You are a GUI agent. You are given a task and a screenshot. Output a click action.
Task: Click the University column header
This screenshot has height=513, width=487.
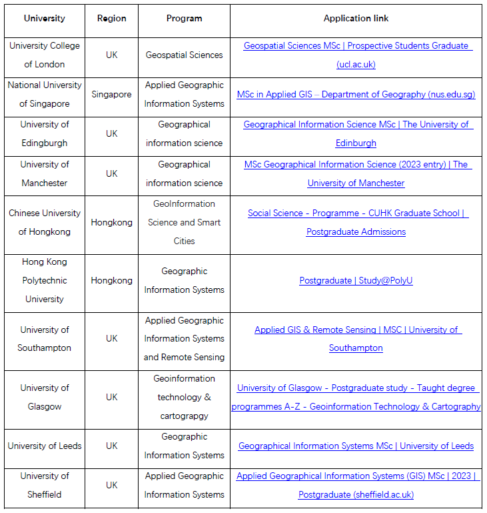[45, 18]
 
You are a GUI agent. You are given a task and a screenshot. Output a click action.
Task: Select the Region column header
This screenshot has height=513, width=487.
[111, 18]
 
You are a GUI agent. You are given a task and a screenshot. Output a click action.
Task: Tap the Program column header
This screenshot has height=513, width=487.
[184, 18]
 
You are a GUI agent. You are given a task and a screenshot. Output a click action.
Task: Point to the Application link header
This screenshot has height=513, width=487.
[356, 18]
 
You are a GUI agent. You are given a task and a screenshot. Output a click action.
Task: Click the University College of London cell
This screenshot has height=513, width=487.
[45, 55]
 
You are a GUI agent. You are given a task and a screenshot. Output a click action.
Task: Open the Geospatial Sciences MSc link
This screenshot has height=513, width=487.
[356, 46]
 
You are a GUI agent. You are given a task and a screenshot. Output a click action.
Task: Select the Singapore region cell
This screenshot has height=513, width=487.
[111, 94]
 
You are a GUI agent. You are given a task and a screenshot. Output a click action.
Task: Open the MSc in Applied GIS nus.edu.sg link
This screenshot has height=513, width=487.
[356, 95]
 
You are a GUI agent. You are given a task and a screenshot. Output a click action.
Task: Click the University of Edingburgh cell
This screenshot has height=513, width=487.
[45, 133]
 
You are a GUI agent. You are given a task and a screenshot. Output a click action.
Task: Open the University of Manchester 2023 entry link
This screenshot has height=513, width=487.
[356, 164]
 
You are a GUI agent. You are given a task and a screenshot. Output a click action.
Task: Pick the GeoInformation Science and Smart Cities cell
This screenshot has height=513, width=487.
[184, 222]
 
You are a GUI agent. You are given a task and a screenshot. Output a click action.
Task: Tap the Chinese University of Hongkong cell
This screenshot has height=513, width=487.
[45, 222]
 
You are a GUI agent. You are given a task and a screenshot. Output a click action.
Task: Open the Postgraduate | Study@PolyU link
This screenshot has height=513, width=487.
[356, 280]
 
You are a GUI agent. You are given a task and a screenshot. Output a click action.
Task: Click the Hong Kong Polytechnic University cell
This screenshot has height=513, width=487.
[45, 280]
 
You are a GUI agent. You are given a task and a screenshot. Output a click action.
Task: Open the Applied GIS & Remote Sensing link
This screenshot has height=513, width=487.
[356, 330]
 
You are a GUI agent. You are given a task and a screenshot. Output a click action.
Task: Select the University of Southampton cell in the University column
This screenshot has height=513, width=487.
[45, 338]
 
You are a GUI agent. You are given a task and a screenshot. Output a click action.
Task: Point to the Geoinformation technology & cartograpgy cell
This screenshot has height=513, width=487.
[184, 397]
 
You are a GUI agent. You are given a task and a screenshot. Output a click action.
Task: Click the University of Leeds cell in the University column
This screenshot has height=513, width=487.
[45, 446]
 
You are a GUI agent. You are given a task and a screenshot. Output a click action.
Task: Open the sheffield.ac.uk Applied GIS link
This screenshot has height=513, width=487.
[356, 476]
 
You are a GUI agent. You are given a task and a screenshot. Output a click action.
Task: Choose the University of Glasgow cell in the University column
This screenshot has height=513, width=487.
[45, 397]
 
